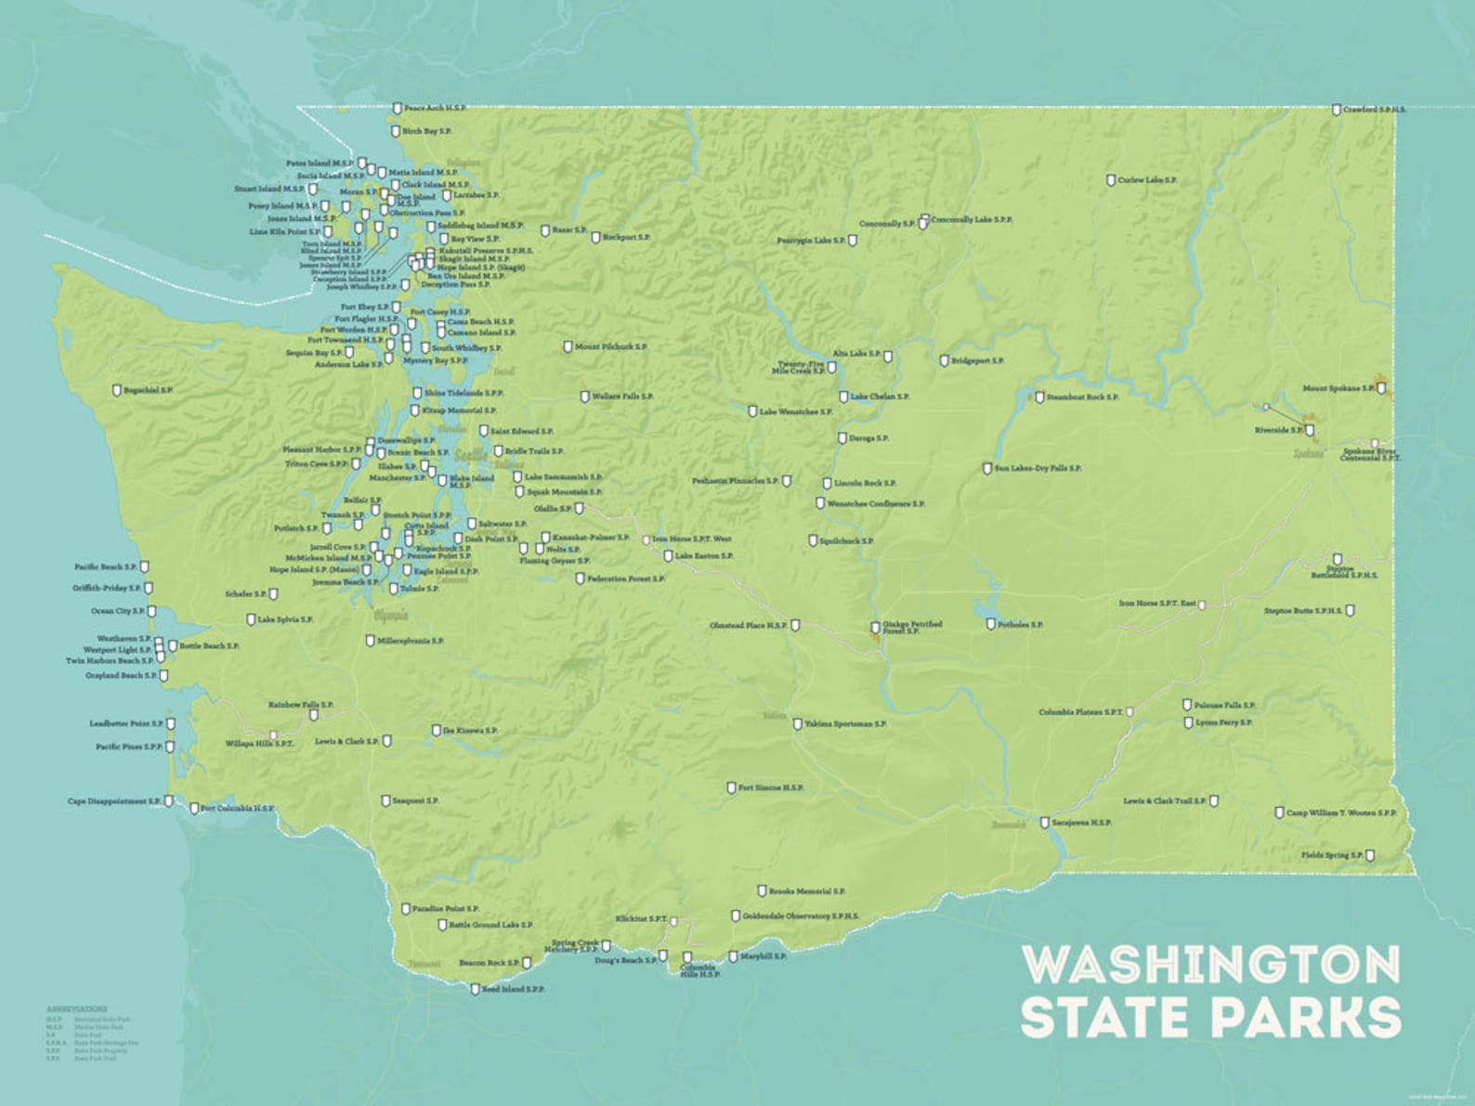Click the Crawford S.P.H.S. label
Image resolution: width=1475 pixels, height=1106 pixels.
tap(1374, 110)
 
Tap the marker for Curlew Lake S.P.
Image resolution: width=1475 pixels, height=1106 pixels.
tap(1111, 180)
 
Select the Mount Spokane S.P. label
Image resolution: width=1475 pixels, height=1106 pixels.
tap(1338, 388)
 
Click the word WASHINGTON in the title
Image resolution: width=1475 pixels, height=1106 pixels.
tap(1211, 965)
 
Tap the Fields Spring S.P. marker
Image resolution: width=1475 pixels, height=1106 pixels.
tap(1370, 855)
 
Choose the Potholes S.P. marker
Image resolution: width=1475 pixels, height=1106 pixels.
tap(991, 624)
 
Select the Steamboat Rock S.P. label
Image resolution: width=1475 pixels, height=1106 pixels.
tap(1082, 397)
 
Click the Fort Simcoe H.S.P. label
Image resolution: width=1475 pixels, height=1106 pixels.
tap(771, 787)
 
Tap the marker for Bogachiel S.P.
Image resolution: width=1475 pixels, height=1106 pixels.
tap(117, 390)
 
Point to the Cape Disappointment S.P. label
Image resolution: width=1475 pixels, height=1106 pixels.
tap(113, 800)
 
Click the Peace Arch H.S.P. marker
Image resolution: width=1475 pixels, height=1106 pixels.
tap(398, 109)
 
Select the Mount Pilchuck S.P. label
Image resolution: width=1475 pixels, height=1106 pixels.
tap(610, 346)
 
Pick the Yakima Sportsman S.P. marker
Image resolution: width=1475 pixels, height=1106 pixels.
tap(798, 723)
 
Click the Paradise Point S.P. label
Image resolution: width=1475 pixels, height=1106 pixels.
tap(446, 908)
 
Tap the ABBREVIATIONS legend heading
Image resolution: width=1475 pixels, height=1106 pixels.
tap(77, 1008)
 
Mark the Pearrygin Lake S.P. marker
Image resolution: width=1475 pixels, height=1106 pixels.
tap(853, 241)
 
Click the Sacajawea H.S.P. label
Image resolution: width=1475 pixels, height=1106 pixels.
tap(1081, 822)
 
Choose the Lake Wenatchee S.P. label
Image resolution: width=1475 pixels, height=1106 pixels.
tap(795, 411)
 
